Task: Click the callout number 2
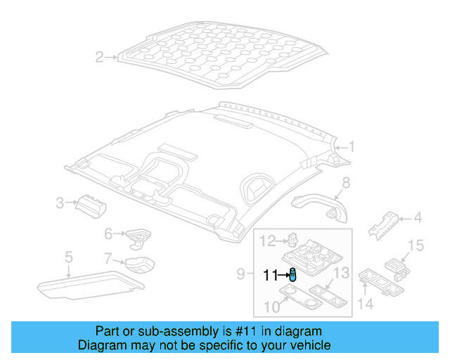point(99,57)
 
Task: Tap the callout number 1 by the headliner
point(352,147)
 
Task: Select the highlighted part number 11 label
point(270,276)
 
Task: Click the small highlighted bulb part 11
point(292,275)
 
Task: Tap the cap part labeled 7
point(139,265)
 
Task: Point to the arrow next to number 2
point(111,57)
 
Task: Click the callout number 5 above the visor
point(68,257)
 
